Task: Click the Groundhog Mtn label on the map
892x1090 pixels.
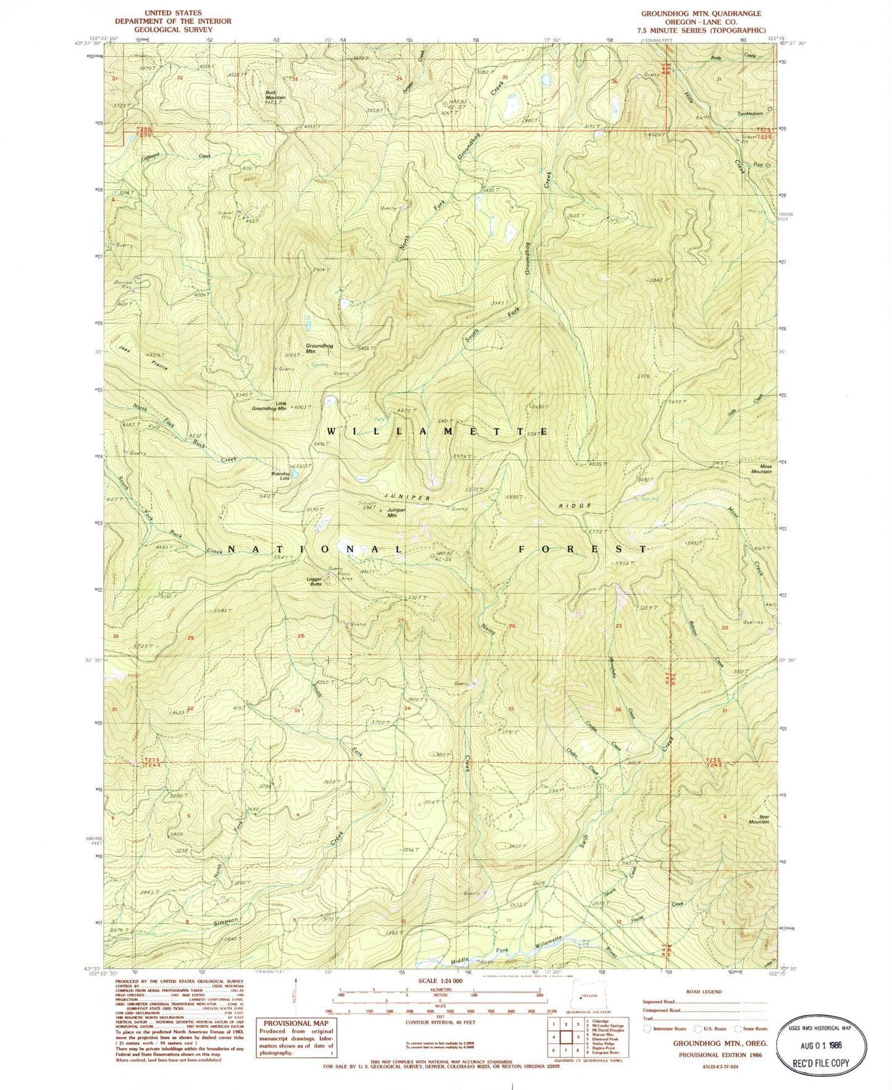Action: tap(319, 349)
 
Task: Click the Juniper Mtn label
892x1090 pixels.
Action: tap(396, 512)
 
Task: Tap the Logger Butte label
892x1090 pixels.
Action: tap(315, 581)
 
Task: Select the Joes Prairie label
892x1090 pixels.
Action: tap(142, 358)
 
